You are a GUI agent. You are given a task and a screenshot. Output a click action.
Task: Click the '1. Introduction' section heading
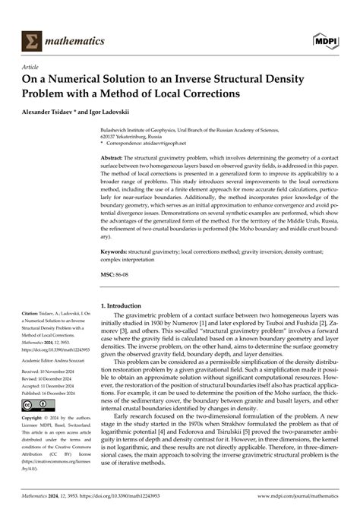click(x=127, y=305)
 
